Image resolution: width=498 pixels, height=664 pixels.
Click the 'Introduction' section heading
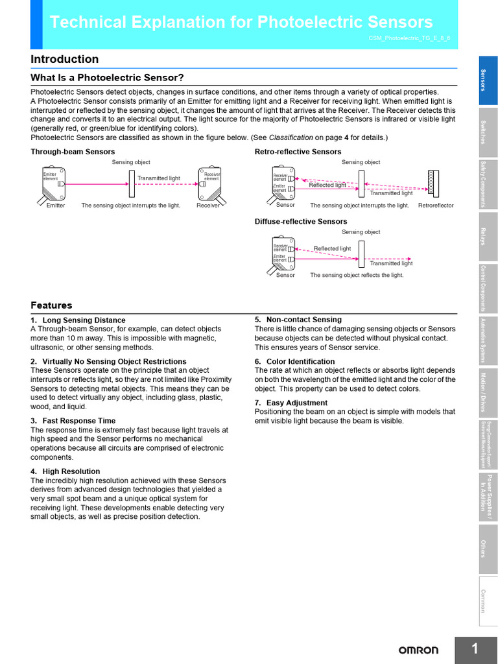coord(65,60)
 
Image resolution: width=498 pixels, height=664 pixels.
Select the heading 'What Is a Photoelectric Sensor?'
coord(107,78)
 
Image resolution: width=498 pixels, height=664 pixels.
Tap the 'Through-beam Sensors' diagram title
coord(73,152)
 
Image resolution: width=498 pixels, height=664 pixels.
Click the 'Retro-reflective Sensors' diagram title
coord(298,152)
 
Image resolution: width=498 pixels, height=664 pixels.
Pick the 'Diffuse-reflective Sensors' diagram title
coord(301,222)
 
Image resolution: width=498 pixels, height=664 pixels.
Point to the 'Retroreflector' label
coord(436,206)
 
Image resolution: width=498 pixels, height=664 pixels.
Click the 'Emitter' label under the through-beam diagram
coord(56,206)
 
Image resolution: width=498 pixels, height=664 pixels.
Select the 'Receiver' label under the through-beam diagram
coord(208,206)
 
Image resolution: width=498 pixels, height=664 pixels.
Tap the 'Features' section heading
coord(51,305)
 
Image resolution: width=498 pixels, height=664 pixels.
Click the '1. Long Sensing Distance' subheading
coord(78,320)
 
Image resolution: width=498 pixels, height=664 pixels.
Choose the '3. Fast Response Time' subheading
coord(73,421)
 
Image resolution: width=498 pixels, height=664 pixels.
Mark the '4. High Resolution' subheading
coord(65,471)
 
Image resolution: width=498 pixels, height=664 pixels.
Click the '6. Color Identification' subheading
coord(294,362)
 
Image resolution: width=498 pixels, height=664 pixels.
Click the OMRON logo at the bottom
coord(418,650)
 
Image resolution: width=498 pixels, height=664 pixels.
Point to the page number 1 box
coord(475,650)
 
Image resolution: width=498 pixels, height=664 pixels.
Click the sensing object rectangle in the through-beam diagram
coord(132,184)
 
